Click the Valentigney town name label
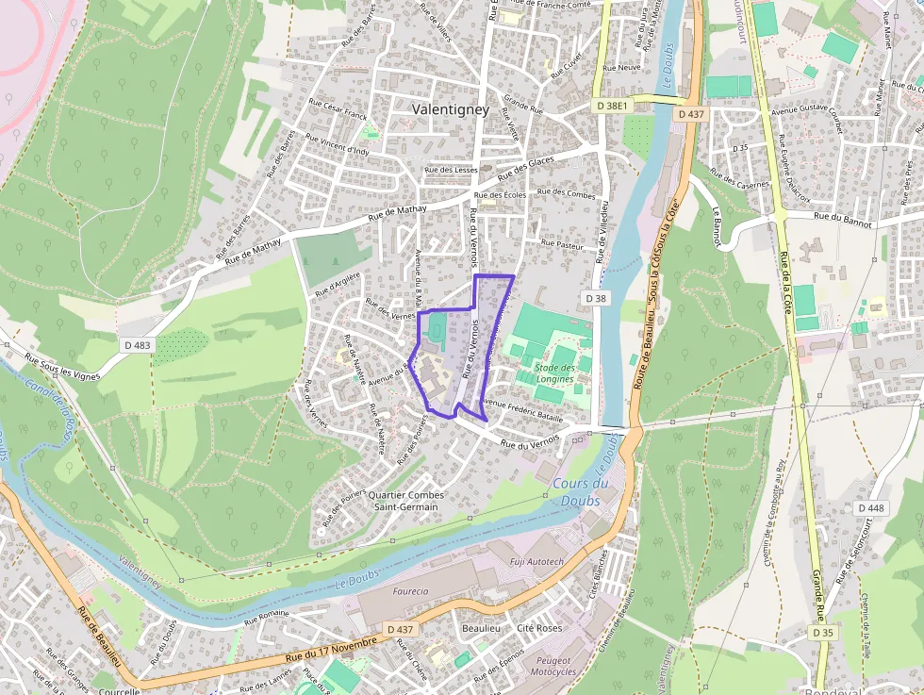(451, 109)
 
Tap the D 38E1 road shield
(612, 106)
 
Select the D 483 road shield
(136, 345)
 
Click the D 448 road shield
(871, 507)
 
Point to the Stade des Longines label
(554, 373)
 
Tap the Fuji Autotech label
(536, 562)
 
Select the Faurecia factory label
(407, 591)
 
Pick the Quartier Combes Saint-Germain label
(405, 501)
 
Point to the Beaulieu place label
(481, 628)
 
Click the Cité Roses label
(539, 628)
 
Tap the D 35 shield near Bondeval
(823, 632)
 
